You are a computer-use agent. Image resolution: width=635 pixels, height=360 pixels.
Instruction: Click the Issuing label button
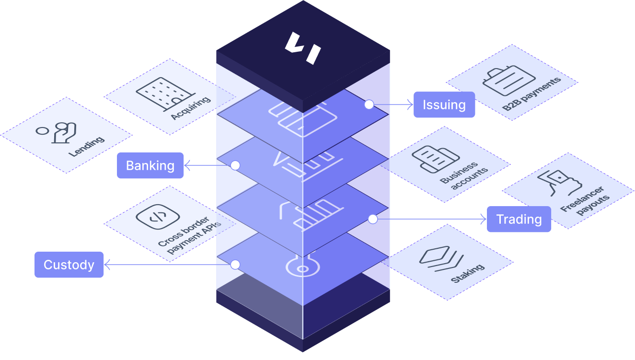[x=444, y=105]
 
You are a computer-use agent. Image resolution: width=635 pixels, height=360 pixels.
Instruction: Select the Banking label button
[x=150, y=165]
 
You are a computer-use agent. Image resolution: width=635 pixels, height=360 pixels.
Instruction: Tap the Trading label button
[x=519, y=219]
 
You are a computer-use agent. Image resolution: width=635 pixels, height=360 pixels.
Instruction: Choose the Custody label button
[x=69, y=265]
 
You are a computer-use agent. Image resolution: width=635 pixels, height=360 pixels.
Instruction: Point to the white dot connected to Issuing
[x=369, y=105]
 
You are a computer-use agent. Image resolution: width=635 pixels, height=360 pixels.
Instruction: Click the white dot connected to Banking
[x=235, y=165]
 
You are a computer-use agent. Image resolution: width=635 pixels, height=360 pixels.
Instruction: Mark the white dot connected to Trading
[x=373, y=219]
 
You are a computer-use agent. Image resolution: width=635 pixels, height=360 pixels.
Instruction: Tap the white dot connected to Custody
[x=235, y=265]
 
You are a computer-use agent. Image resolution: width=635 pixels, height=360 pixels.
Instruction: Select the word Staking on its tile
[x=467, y=274]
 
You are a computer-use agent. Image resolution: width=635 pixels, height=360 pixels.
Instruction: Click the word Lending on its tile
[x=86, y=147]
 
